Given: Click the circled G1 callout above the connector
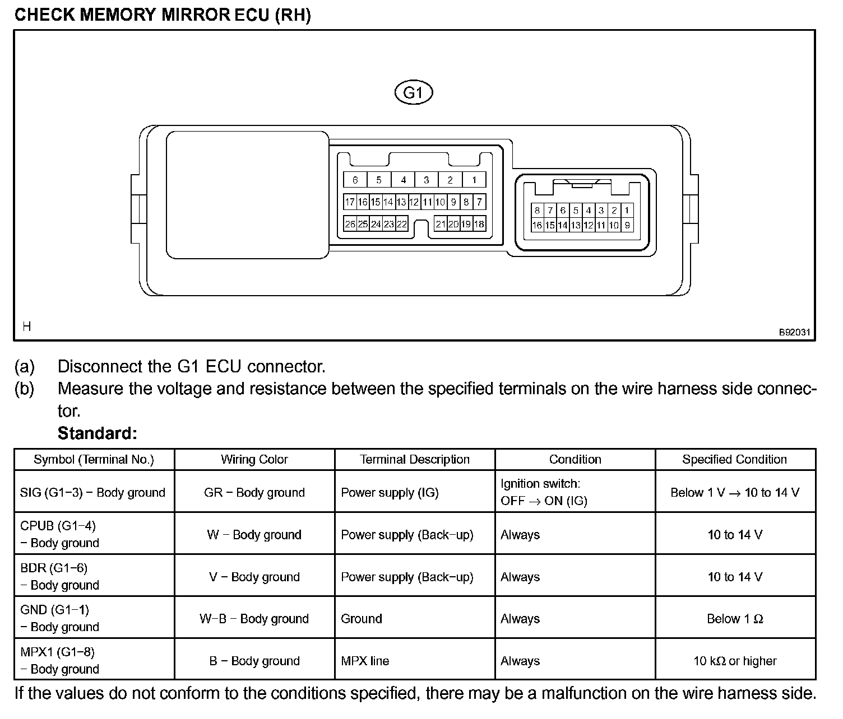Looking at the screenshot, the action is (x=414, y=92).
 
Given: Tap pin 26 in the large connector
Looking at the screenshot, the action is (x=350, y=224).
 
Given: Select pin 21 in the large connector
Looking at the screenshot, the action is (x=441, y=224).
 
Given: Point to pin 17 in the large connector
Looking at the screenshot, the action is (x=350, y=202).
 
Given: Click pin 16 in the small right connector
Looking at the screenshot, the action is (x=537, y=225).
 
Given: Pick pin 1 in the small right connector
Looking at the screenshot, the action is (x=627, y=211).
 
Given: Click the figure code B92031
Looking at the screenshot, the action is (x=794, y=332).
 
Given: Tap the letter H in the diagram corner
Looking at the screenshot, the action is (x=27, y=326).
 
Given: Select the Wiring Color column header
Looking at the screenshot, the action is (x=254, y=460).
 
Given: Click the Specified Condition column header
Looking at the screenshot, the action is (x=734, y=460).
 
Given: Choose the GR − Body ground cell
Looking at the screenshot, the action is (x=254, y=493).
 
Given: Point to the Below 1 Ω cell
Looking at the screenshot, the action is (x=734, y=619).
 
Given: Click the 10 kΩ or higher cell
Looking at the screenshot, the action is (x=734, y=661).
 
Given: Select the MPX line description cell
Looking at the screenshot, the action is (x=365, y=661).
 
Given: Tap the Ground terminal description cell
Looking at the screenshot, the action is (x=362, y=619).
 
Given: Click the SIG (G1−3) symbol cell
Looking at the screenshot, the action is (x=92, y=493).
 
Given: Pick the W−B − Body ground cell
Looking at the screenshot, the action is (x=254, y=619).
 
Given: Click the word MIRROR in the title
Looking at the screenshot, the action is (x=196, y=15).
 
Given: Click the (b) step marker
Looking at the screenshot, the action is (x=24, y=389).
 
